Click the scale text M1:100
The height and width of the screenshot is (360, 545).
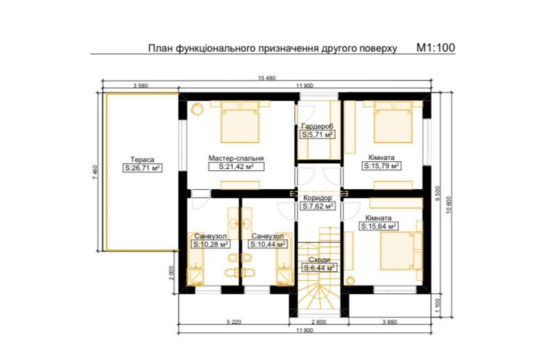[x=435, y=47]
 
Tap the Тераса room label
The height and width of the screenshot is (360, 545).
[x=142, y=160]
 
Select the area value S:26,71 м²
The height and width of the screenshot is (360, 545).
[x=143, y=168]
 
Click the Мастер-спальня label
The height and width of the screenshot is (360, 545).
[x=236, y=158]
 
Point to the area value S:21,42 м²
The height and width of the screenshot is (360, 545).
[x=236, y=167]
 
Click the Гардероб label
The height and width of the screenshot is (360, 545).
[x=317, y=126]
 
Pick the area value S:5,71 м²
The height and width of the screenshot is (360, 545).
[x=317, y=135]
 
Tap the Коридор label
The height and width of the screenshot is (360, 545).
[x=317, y=197]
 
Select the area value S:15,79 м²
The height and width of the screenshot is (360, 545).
[x=382, y=166]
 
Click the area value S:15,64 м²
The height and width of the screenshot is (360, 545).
[x=378, y=227]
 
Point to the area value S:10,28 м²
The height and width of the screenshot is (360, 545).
[x=211, y=245]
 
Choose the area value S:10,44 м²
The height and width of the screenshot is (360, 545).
[x=268, y=245]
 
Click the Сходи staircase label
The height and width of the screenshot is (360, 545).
[x=320, y=260]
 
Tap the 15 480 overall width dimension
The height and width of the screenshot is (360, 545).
[x=267, y=78]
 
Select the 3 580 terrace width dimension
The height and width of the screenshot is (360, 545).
[x=140, y=85]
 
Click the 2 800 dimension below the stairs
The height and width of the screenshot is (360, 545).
[x=318, y=322]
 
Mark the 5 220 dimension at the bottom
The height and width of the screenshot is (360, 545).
[x=234, y=322]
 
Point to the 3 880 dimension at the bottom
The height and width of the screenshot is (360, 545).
[x=389, y=322]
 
